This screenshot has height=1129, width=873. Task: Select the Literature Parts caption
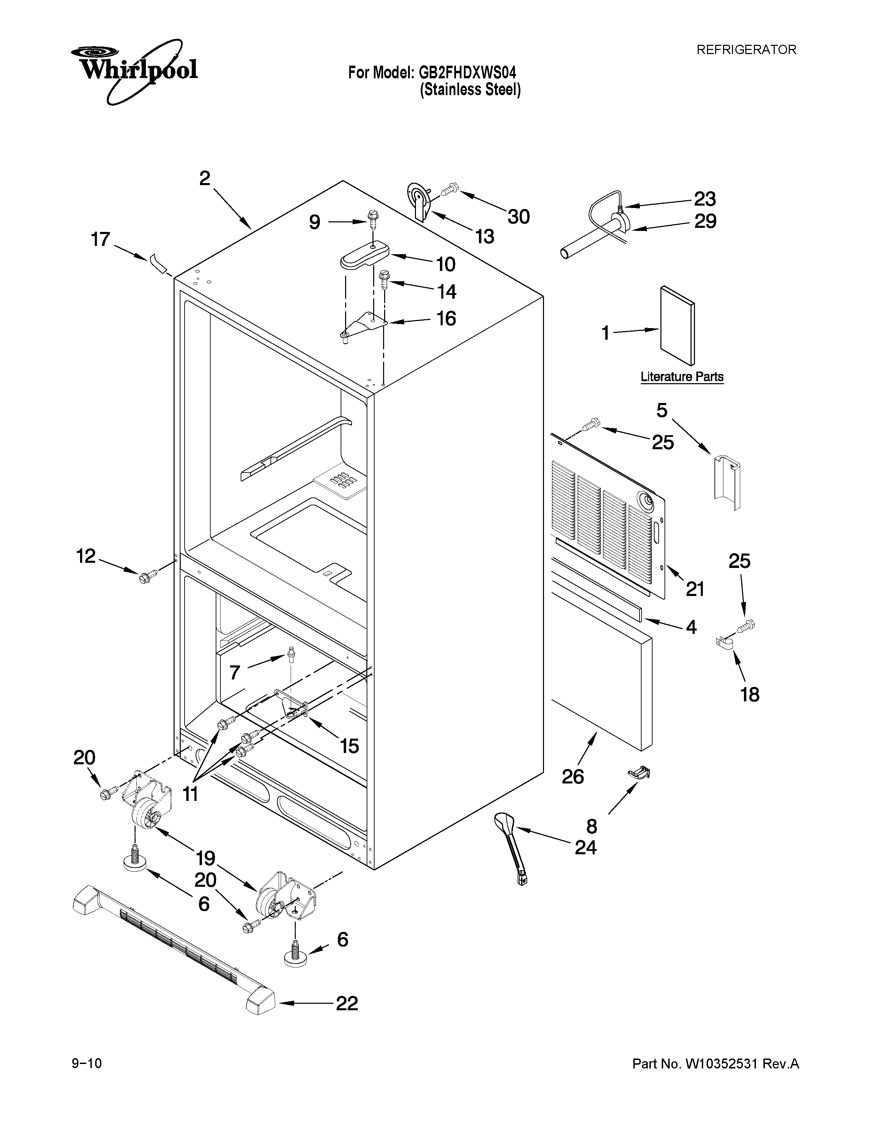(682, 377)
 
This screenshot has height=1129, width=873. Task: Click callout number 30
(518, 217)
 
